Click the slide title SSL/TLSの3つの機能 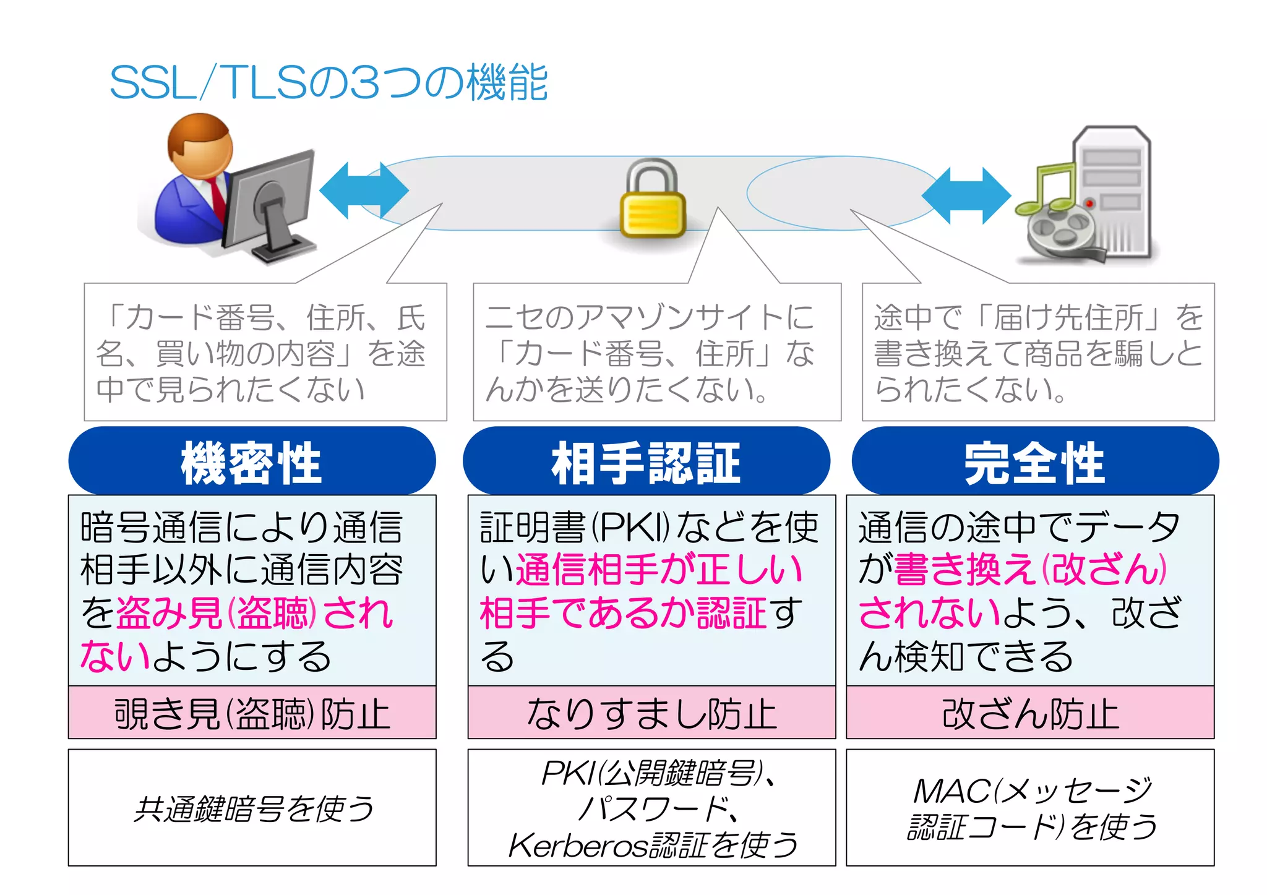(x=329, y=83)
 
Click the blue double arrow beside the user (x=364, y=191)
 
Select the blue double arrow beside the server (x=966, y=195)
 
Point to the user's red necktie (x=217, y=197)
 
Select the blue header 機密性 (x=252, y=461)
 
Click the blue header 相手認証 (x=646, y=461)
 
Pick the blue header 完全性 (x=1034, y=461)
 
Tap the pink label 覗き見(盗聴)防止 (x=252, y=713)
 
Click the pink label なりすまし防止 (x=651, y=713)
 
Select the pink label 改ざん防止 (x=1030, y=713)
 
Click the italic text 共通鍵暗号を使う (x=254, y=808)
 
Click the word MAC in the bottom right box (x=951, y=791)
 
